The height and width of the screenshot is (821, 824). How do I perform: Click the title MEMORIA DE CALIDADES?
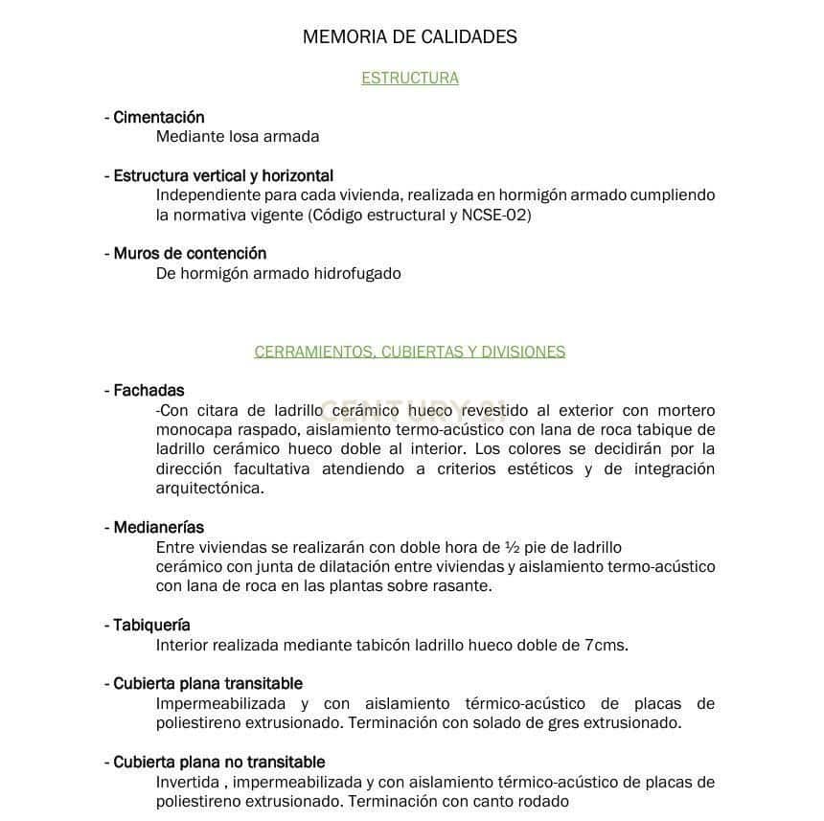tap(409, 37)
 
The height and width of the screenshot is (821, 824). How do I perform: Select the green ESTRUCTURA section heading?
tap(409, 79)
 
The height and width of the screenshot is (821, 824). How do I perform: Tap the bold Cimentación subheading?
tap(158, 118)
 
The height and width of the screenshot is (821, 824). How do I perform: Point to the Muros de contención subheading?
tap(190, 254)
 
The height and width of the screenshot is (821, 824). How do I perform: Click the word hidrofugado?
tap(356, 274)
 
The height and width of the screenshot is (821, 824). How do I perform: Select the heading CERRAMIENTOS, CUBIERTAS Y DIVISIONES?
tap(409, 352)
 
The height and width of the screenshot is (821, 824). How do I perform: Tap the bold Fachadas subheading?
tap(149, 391)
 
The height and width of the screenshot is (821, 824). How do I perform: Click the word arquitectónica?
tap(209, 489)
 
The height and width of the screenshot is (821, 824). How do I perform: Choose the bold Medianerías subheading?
tap(158, 528)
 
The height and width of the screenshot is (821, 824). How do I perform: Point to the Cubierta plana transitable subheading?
tap(207, 684)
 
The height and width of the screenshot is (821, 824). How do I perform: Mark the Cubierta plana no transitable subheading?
tap(218, 763)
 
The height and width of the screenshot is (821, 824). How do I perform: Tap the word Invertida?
tap(186, 783)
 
